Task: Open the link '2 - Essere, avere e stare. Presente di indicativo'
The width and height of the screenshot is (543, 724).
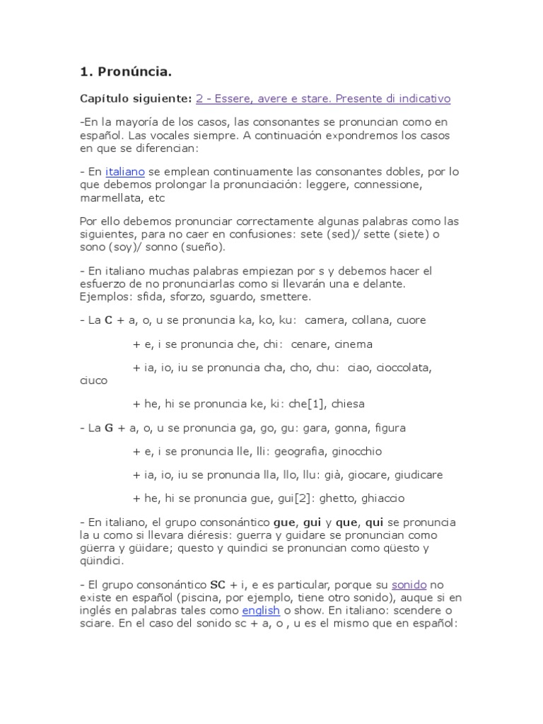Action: click(x=322, y=98)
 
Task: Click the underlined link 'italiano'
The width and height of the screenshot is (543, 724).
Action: click(x=124, y=172)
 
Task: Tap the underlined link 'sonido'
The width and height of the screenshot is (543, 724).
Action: click(x=409, y=585)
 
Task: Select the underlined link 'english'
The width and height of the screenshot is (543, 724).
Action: click(x=261, y=610)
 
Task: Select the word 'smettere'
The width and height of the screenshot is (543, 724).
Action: click(x=286, y=296)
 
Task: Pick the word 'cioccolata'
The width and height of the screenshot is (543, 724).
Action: click(x=404, y=368)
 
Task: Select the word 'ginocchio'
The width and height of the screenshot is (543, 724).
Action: click(x=358, y=451)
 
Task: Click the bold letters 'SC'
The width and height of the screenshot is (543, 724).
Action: click(x=218, y=585)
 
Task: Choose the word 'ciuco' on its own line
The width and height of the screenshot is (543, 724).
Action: click(x=93, y=380)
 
